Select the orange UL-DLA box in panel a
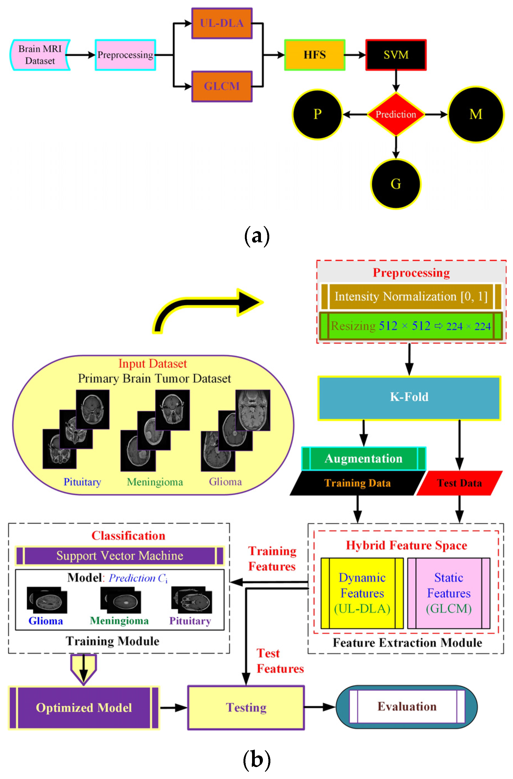(222, 23)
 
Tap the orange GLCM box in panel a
(222, 86)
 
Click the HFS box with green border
(315, 55)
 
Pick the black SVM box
(396, 55)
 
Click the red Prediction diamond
(396, 114)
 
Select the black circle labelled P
(317, 114)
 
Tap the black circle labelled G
(396, 184)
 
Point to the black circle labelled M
(476, 114)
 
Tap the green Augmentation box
(364, 458)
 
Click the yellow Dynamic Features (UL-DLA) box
(362, 593)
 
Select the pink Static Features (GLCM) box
(449, 593)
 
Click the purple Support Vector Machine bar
(120, 556)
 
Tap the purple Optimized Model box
(84, 708)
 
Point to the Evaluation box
(407, 706)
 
